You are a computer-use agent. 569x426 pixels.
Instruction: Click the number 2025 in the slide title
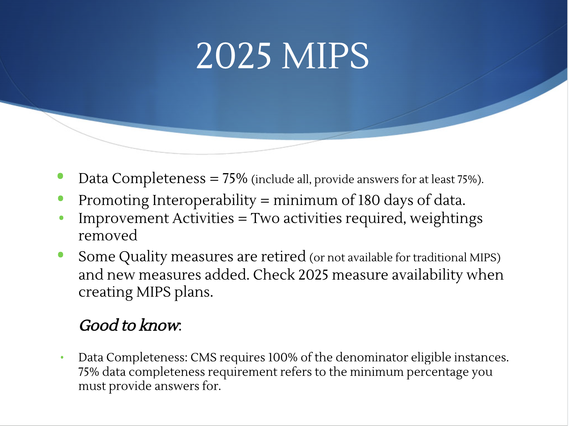(x=234, y=56)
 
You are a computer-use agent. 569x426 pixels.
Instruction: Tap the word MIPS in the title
(x=325, y=56)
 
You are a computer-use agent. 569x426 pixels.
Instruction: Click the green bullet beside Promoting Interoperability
(x=60, y=199)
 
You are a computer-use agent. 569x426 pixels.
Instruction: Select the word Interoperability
(x=204, y=200)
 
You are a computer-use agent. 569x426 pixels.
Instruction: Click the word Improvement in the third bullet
(x=123, y=218)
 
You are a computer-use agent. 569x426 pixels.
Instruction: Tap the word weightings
(x=446, y=218)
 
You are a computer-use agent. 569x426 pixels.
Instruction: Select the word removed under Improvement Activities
(x=108, y=236)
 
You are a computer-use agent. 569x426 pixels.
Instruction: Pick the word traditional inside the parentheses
(x=439, y=258)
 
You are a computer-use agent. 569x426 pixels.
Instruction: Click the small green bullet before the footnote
(x=62, y=357)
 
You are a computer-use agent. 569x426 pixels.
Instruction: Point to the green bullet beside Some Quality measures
(x=60, y=255)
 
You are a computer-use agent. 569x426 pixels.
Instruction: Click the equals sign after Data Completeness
(x=214, y=179)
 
